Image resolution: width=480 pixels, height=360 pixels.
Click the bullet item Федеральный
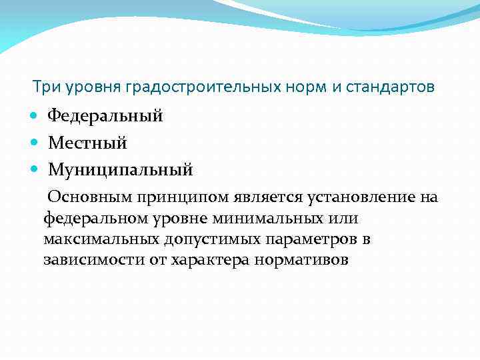[x=105, y=116]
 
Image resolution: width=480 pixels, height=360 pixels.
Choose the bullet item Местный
[x=87, y=143]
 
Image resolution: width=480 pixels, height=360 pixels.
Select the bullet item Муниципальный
[x=120, y=170]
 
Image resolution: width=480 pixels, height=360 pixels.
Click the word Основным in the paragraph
[x=91, y=197]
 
